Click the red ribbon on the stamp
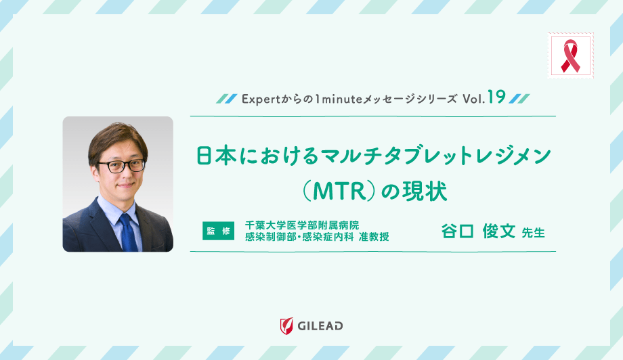(x=570, y=55)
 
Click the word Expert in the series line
(x=258, y=98)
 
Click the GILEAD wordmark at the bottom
(x=320, y=326)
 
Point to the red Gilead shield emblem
(x=286, y=325)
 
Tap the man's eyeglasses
(x=121, y=164)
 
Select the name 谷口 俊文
(x=478, y=231)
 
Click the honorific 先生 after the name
(x=534, y=232)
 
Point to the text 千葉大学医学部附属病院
(x=302, y=224)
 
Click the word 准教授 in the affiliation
(x=375, y=237)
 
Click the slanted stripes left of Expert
(x=226, y=98)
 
